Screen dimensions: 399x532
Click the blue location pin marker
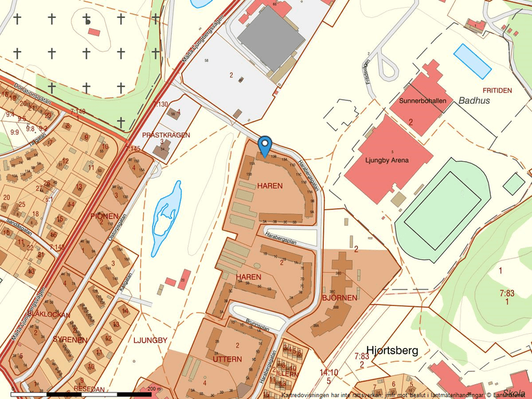pyautogui.click(x=264, y=146)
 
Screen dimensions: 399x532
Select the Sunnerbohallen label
pyautogui.click(x=422, y=101)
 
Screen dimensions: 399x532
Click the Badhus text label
pyautogui.click(x=475, y=101)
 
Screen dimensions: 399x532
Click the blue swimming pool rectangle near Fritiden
pyautogui.click(x=473, y=61)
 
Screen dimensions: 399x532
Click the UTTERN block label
pyautogui.click(x=227, y=358)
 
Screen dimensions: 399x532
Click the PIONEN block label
pyautogui.click(x=104, y=216)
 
